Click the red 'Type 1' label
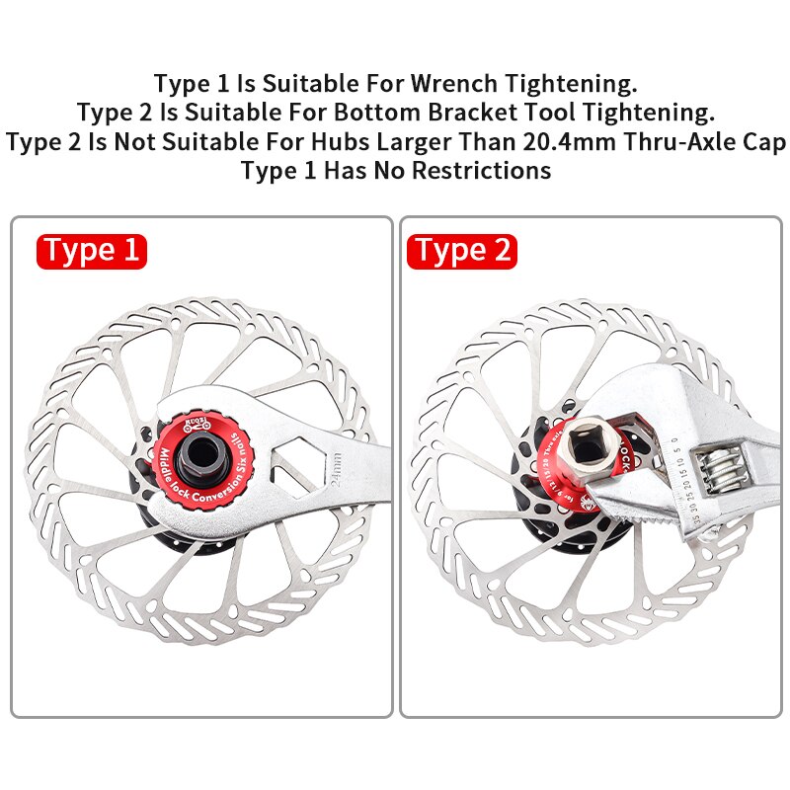(92, 251)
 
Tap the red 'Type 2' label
(462, 251)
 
